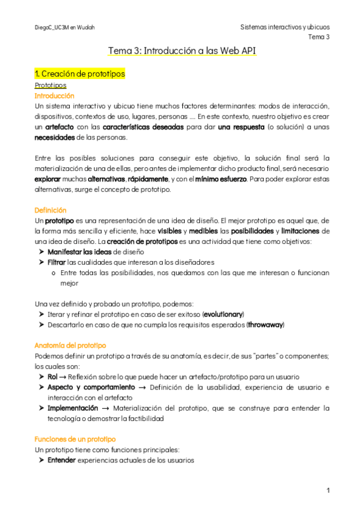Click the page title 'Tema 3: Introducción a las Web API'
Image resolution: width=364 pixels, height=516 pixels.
(182, 52)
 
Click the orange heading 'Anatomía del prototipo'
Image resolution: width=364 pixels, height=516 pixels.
(70, 344)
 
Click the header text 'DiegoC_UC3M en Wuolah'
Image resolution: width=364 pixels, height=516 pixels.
(65, 27)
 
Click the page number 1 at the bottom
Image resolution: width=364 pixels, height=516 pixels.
(328, 490)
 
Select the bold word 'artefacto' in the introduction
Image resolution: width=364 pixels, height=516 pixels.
(60, 127)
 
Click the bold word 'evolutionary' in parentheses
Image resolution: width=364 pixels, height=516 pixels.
(222, 314)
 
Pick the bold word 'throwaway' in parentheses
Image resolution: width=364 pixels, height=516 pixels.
(266, 324)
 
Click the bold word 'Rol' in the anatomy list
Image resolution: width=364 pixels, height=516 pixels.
(52, 377)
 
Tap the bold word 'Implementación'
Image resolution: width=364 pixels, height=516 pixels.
(72, 408)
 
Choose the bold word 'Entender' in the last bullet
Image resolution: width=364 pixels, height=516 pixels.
(61, 460)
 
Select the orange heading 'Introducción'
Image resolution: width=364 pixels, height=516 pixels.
(55, 96)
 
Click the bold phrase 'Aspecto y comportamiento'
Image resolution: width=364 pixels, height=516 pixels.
(91, 387)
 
